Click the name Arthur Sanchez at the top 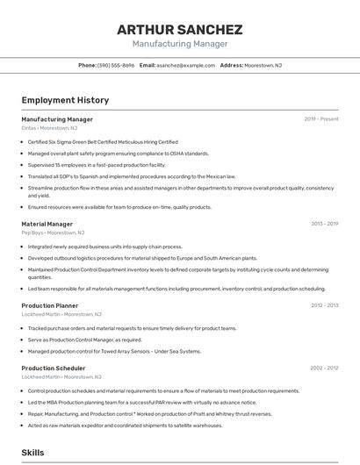pos(179,29)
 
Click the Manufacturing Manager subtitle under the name pos(179,44)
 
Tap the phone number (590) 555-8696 pos(116,65)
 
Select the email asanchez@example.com pos(185,65)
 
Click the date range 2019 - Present pos(321,118)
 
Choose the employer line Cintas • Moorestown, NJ pos(49,128)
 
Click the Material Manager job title pos(47,224)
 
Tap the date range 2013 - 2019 pos(324,224)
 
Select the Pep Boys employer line pos(53,233)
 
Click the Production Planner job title pos(50,305)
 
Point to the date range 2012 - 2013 pos(324,305)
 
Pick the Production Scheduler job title pos(53,368)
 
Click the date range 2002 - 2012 pos(324,368)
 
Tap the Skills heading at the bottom pos(33,453)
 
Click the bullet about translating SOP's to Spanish pos(132,176)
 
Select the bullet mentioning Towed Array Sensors pos(114,351)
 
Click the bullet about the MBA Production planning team pos(140,403)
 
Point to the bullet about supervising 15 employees pos(97,164)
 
